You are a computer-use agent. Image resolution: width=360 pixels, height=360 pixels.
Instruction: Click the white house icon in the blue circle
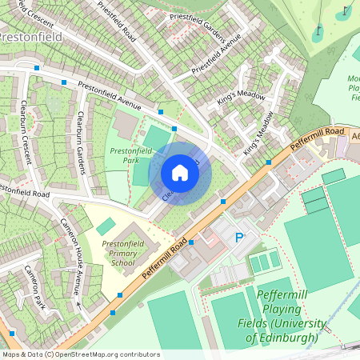180,173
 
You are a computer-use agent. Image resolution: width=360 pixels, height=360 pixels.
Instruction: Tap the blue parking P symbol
238,238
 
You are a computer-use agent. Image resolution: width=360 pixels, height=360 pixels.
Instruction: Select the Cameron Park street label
35,287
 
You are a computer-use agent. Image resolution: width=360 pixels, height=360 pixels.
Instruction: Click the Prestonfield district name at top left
30,37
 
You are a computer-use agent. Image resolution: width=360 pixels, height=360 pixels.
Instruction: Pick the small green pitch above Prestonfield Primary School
106,226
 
